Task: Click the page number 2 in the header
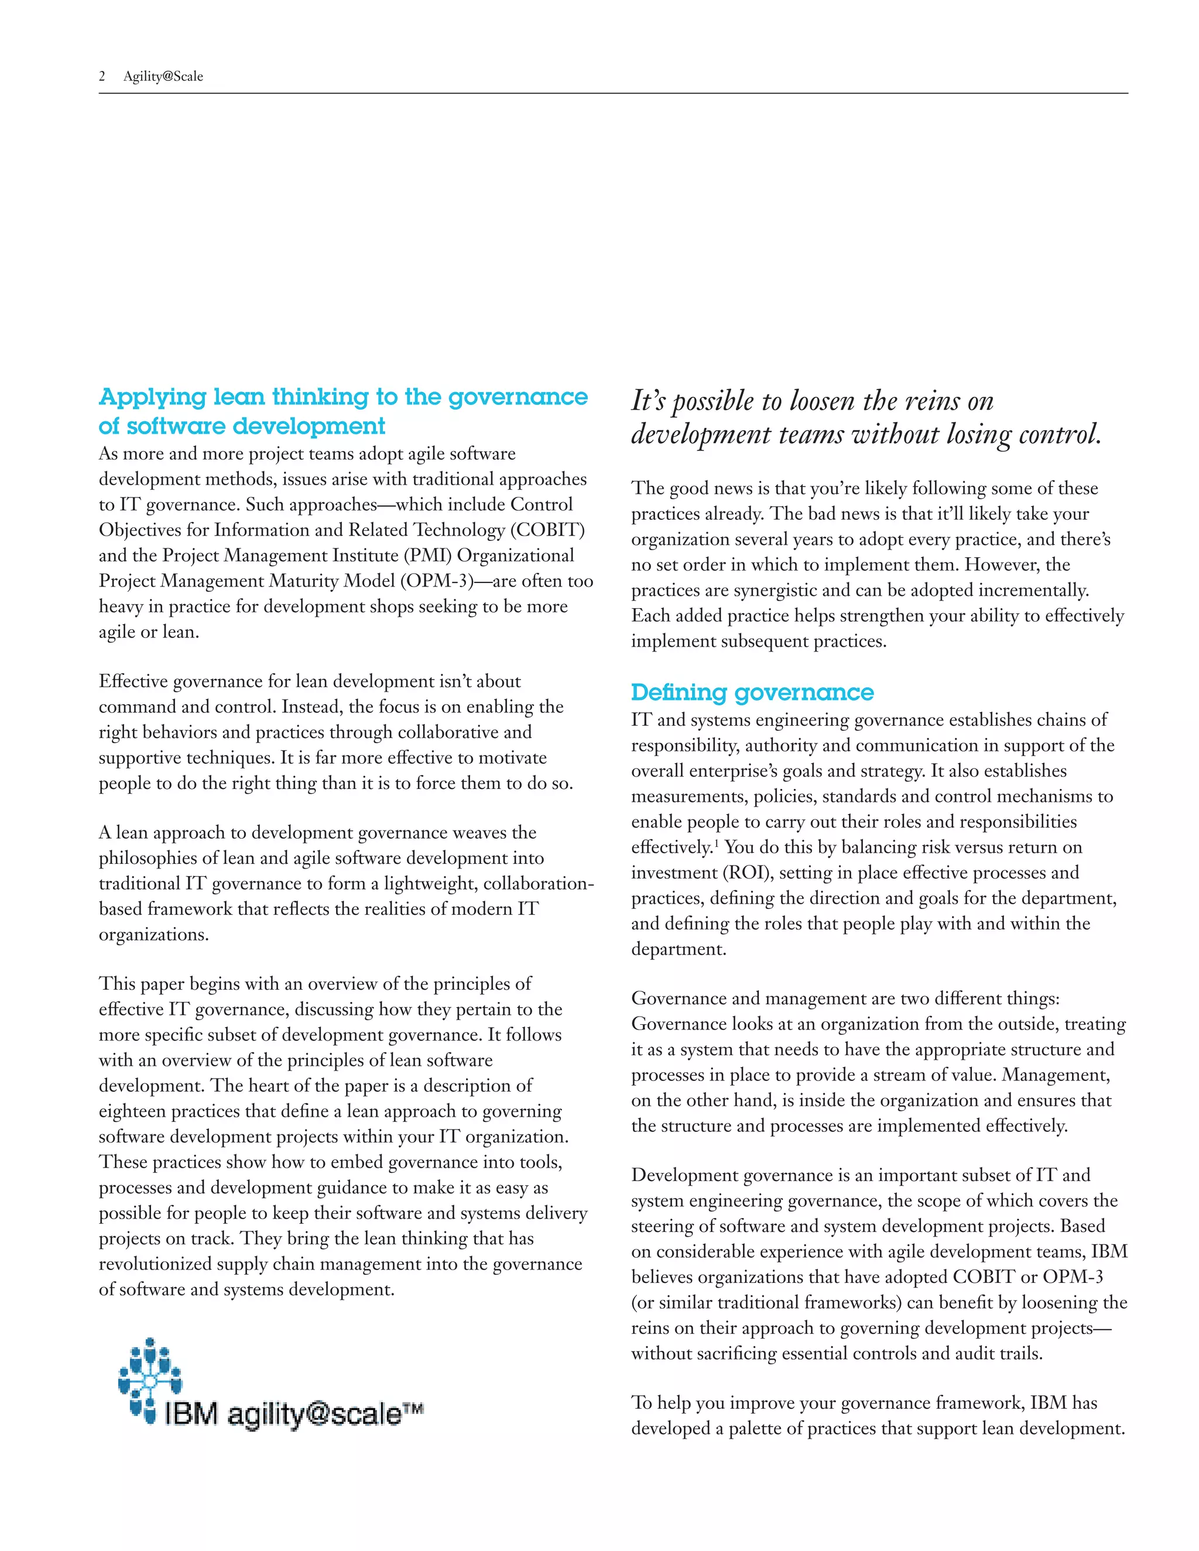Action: point(102,77)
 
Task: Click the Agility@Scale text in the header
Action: point(163,77)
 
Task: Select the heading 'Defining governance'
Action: point(752,692)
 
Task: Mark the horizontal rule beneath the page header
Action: point(612,93)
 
